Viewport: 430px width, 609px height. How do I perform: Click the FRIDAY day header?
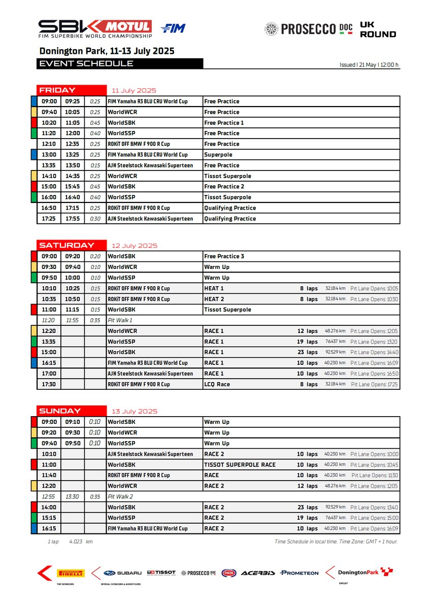pyautogui.click(x=57, y=90)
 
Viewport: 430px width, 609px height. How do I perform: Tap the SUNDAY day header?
pyautogui.click(x=60, y=411)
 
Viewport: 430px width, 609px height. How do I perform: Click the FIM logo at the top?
pyautogui.click(x=173, y=28)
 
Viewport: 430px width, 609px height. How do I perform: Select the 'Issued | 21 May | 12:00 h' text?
pyautogui.click(x=369, y=65)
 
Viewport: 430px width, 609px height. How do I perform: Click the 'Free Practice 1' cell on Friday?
pyautogui.click(x=224, y=123)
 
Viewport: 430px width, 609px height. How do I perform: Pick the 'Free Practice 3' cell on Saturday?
pyautogui.click(x=224, y=256)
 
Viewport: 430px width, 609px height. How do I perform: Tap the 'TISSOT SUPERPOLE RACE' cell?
pyautogui.click(x=240, y=465)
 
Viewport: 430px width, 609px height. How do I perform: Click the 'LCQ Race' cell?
pyautogui.click(x=217, y=385)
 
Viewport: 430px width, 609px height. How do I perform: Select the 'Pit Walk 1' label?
pyautogui.click(x=120, y=321)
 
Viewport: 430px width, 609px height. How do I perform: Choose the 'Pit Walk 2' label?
pyautogui.click(x=120, y=497)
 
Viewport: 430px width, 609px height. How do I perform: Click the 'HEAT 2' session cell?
pyautogui.click(x=214, y=299)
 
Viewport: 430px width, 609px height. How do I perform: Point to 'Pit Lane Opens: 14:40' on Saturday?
pyautogui.click(x=374, y=353)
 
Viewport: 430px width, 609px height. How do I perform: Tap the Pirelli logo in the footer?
pyautogui.click(x=71, y=573)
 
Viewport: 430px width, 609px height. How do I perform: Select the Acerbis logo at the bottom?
pyautogui.click(x=258, y=573)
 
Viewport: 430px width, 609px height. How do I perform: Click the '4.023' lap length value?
pyautogui.click(x=76, y=542)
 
